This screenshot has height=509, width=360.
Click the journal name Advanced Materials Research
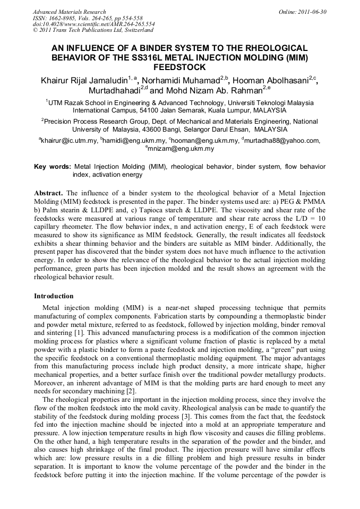pos(69,12)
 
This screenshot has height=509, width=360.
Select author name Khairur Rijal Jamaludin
pos(84,81)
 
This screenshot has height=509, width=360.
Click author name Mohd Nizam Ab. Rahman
pos(215,90)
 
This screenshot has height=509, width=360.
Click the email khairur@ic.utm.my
pos(69,141)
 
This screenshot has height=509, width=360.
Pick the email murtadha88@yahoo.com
pos(282,141)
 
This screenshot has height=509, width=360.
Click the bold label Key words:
pos(52,166)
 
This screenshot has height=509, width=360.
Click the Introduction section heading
pos(54,296)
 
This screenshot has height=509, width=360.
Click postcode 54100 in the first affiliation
pos(144,110)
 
